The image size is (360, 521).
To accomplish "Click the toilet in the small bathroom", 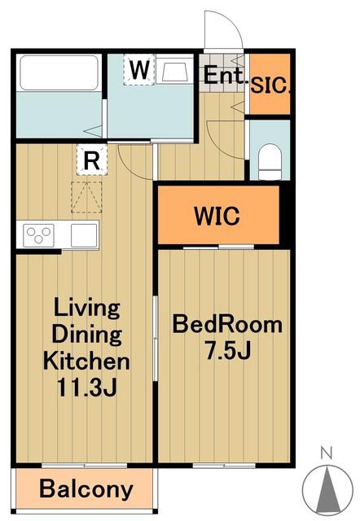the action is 270,162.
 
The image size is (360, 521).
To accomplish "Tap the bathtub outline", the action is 59,72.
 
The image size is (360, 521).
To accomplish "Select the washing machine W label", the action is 139,70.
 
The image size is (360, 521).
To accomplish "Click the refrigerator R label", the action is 92,161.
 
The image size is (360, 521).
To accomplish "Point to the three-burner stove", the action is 38,235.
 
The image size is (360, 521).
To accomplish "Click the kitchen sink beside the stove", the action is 84,235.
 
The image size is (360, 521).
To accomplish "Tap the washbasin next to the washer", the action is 174,71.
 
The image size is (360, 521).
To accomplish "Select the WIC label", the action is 217,216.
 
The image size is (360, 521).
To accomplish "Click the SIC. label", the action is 270,85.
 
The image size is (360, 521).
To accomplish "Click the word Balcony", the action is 86,489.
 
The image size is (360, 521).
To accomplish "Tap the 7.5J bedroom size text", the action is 228,351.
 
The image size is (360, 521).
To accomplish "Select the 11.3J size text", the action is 87,387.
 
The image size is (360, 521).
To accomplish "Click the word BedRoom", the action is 227,324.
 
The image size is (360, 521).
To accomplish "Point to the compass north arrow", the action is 327,490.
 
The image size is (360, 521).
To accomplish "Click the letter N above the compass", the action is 327,453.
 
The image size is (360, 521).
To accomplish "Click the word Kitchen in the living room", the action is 87,361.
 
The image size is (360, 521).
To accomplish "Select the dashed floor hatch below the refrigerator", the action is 86,197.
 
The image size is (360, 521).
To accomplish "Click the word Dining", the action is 87,335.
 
